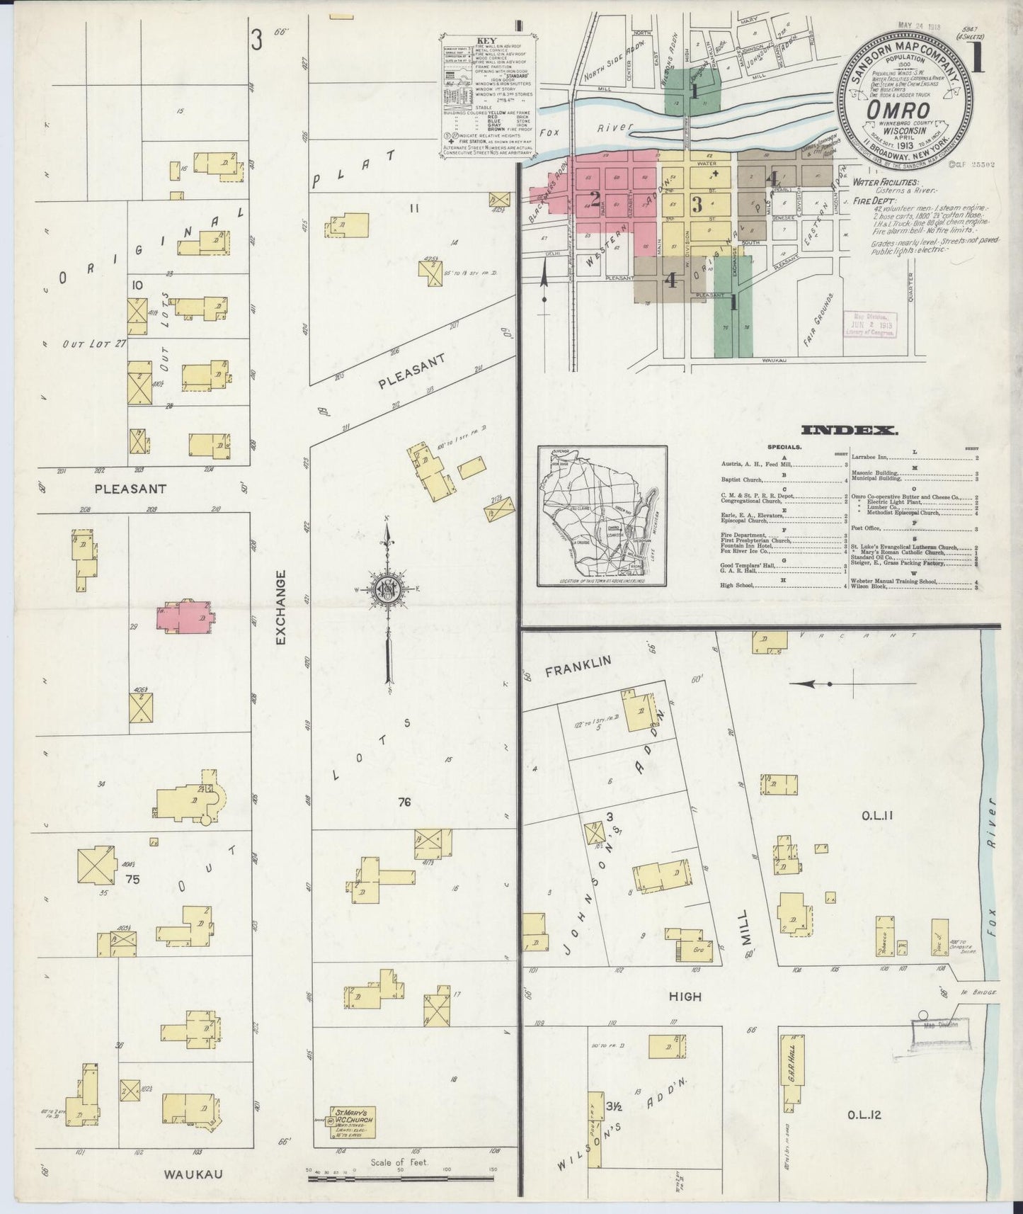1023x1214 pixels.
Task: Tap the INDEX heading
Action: click(x=849, y=430)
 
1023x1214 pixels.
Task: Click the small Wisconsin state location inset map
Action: click(x=601, y=516)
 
